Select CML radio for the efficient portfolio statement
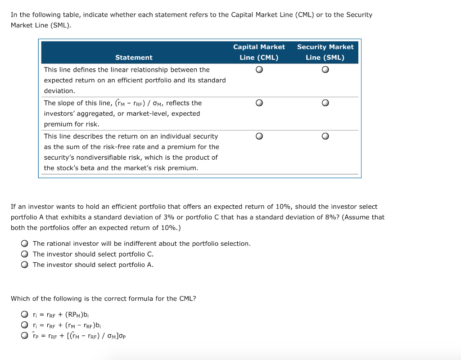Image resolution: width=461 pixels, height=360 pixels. click(259, 70)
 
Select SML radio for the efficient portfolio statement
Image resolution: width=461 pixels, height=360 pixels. click(325, 70)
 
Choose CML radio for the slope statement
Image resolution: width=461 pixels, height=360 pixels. click(259, 103)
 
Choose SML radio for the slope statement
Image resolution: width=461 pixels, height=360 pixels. click(325, 103)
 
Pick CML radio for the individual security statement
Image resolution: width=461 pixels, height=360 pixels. click(259, 136)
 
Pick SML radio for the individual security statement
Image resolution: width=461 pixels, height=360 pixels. click(325, 136)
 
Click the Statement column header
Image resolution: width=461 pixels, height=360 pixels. click(134, 58)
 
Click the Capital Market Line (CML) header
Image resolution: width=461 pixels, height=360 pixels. click(259, 52)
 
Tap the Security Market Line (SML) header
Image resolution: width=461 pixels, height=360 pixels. click(325, 52)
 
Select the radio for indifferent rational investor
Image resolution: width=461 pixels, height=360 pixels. click(24, 243)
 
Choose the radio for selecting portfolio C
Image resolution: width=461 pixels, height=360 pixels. click(24, 254)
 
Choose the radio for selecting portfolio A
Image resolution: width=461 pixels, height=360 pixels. click(24, 265)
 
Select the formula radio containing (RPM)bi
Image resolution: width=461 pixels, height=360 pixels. click(24, 315)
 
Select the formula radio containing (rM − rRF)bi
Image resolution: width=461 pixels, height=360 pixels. click(24, 325)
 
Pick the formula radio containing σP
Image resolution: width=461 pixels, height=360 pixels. click(24, 336)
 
